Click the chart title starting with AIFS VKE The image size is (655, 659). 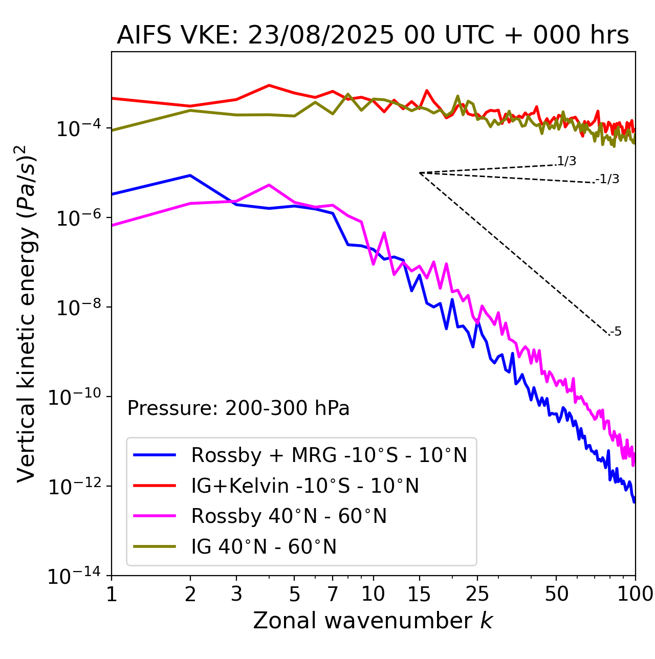(373, 35)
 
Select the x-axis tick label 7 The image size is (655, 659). (333, 594)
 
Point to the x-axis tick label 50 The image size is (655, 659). (556, 594)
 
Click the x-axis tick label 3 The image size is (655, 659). (236, 594)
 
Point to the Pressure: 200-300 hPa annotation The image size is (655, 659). (238, 408)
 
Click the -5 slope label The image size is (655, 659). (616, 332)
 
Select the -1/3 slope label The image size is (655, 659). (608, 179)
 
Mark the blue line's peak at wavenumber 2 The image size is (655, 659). (190, 175)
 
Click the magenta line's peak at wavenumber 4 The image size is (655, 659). (269, 185)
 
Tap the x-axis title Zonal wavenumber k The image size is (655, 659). (373, 620)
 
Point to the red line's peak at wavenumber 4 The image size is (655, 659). (269, 85)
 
